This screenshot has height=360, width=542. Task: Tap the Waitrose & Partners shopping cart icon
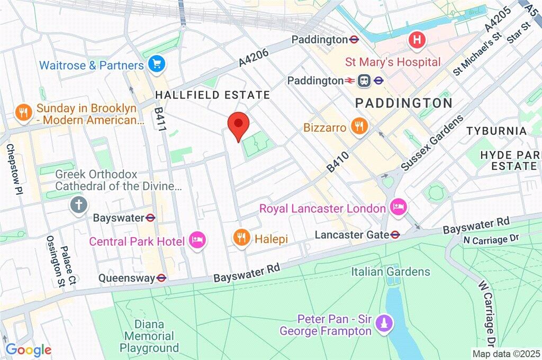click(157, 65)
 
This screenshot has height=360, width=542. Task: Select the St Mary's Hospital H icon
click(417, 40)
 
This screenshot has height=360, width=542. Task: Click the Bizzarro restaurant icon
click(359, 127)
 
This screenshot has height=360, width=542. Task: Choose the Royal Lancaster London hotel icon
click(398, 207)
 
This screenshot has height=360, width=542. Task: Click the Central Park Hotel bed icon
click(198, 241)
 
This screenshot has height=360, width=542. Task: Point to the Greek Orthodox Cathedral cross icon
click(78, 204)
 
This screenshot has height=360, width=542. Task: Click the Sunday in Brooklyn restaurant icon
click(23, 112)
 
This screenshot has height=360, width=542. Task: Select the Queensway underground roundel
click(162, 278)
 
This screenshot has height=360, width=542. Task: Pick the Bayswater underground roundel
click(151, 218)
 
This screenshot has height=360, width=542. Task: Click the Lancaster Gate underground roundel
click(395, 235)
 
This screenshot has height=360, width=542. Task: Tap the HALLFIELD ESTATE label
click(212, 95)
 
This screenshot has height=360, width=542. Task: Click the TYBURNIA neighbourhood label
click(496, 131)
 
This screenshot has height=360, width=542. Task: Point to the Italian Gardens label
click(391, 272)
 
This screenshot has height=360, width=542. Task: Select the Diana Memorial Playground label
click(149, 336)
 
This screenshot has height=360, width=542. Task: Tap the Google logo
click(28, 349)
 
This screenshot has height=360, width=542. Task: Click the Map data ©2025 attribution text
click(505, 353)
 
